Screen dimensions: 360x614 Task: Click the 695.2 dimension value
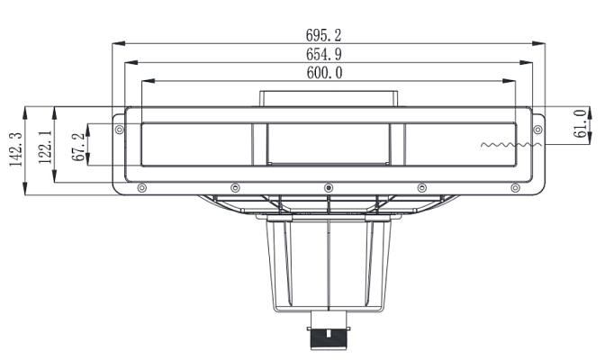click(324, 35)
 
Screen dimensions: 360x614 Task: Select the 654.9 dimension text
click(324, 55)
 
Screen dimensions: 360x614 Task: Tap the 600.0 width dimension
click(324, 74)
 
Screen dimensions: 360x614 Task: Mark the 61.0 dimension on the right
click(581, 123)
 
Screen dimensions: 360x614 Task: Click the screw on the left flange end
click(120, 130)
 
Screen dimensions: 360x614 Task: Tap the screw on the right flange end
click(537, 130)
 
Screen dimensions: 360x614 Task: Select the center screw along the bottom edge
click(328, 187)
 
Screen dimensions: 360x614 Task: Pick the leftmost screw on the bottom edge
click(141, 187)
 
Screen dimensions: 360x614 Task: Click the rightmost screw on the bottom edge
click(515, 187)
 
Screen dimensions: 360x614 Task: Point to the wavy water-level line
click(504, 145)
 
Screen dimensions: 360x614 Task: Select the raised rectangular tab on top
click(328, 97)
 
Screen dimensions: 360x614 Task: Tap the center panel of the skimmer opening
click(329, 142)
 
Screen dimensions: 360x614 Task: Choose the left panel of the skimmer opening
click(196, 144)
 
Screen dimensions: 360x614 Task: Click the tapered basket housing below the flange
click(329, 265)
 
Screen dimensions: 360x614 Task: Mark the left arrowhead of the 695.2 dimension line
click(116, 43)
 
